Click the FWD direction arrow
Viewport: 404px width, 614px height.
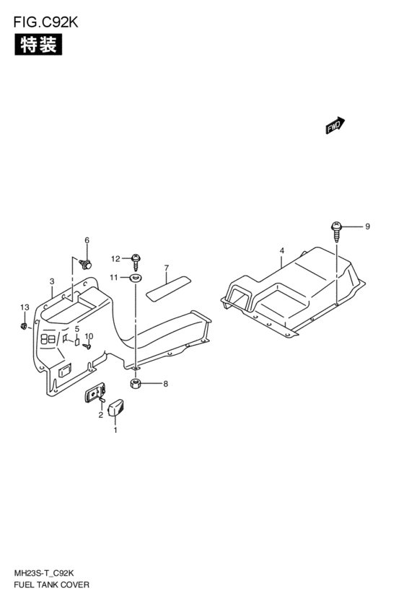[335, 126]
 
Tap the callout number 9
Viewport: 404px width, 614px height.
[367, 227]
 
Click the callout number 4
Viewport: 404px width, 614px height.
[282, 250]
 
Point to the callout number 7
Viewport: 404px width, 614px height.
[167, 268]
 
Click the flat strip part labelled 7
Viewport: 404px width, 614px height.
[168, 289]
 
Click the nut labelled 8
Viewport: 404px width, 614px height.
[135, 384]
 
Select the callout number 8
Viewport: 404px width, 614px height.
[166, 384]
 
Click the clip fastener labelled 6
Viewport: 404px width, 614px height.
[85, 264]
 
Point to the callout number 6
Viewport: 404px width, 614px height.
[87, 240]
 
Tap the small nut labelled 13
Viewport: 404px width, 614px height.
[23, 326]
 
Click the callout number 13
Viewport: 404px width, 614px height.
[25, 307]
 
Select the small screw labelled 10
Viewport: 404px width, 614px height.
[88, 346]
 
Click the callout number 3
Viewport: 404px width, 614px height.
[52, 281]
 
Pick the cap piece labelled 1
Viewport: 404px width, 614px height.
[115, 408]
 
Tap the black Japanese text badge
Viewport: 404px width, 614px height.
[38, 44]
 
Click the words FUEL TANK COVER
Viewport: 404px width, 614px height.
[51, 584]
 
